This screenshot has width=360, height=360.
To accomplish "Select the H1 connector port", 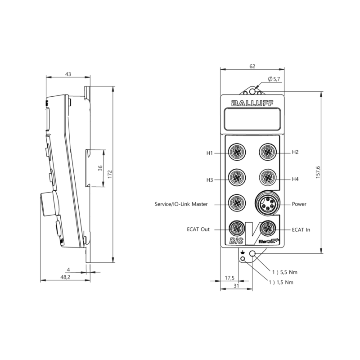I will pos(237,153).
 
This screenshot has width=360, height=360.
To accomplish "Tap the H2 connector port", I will pos(268,152).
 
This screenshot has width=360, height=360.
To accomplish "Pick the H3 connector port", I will pos(237,179).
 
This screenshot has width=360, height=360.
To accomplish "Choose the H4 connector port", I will pos(268,179).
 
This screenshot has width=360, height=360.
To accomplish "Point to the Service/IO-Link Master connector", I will pos(237,203).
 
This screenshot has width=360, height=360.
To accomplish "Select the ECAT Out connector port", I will pos(237,228).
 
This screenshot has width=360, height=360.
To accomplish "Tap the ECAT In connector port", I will pos(269,228).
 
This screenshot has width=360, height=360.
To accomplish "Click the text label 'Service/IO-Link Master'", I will pos(181,204).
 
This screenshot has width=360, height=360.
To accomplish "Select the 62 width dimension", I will pos(252,66).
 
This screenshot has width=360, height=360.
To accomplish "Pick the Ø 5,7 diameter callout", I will pos(274,79).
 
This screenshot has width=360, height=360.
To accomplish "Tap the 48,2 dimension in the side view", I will pos(65,278).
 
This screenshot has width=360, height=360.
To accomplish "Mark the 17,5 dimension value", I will pos(229,278).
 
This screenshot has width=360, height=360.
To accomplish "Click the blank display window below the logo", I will pos(252,120).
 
